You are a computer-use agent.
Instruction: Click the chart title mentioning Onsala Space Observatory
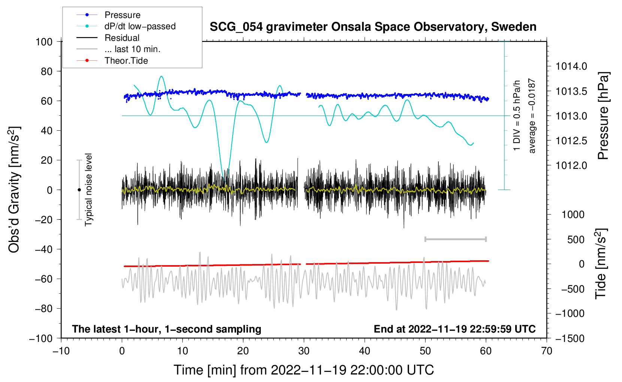point(373,27)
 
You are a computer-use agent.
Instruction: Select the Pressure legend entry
point(108,15)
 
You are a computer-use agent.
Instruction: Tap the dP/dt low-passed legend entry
point(126,26)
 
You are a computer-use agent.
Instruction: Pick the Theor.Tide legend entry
point(112,61)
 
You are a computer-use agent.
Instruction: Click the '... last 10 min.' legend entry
point(118,49)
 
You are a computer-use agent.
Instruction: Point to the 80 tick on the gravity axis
point(46,72)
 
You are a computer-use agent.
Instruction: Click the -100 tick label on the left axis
point(41,339)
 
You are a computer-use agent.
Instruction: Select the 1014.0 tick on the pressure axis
point(571,66)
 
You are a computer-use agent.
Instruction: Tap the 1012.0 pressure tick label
point(571,166)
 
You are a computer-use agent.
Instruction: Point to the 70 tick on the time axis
point(546,351)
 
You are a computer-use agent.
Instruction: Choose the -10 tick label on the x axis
point(61,351)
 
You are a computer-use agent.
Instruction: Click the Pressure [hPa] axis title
point(603,116)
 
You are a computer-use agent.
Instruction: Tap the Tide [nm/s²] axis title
point(601,264)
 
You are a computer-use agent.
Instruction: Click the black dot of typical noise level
point(79,190)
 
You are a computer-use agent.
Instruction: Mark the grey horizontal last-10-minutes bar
point(455,239)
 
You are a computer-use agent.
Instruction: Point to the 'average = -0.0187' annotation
point(532,116)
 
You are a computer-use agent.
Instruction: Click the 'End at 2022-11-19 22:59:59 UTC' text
point(455,329)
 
